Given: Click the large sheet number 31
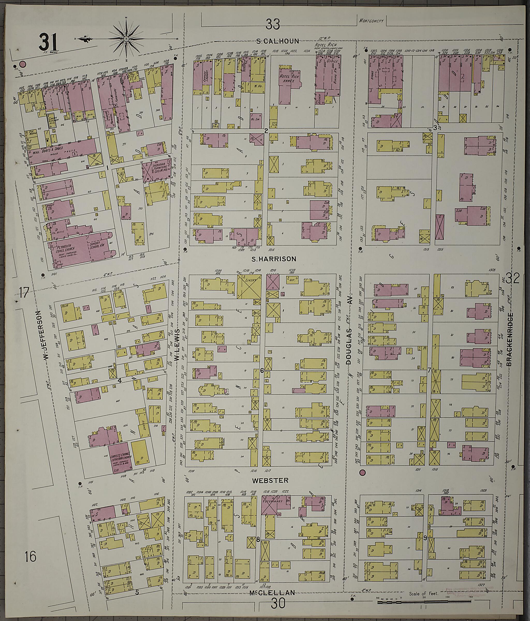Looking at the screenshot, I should pos(49,43).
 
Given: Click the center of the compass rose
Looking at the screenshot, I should pos(126,39).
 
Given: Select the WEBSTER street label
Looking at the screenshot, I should pos(270,480).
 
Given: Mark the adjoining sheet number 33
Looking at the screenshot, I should pos(273,24).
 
